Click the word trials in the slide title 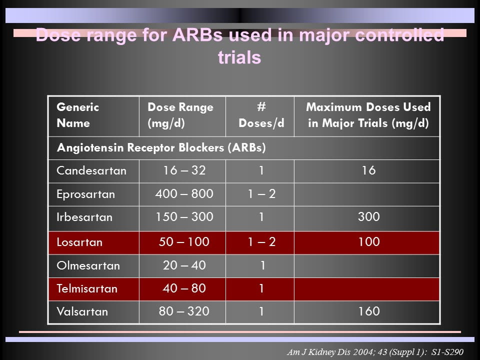(239, 57)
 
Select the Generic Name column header (78, 115)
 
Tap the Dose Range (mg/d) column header (180, 115)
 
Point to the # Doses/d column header (261, 115)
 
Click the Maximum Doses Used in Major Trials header (368, 115)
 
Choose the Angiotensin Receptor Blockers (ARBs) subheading (161, 148)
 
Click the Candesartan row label (91, 171)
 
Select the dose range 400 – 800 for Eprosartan (184, 194)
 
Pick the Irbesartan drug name (84, 217)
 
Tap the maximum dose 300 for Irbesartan (368, 216)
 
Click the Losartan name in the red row (79, 242)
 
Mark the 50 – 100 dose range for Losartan (184, 242)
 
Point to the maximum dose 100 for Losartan (369, 242)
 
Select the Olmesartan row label (88, 265)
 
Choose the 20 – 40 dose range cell (184, 265)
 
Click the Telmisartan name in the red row (87, 288)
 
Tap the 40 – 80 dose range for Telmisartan (184, 288)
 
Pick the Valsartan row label (82, 311)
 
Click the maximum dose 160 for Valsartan (369, 311)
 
